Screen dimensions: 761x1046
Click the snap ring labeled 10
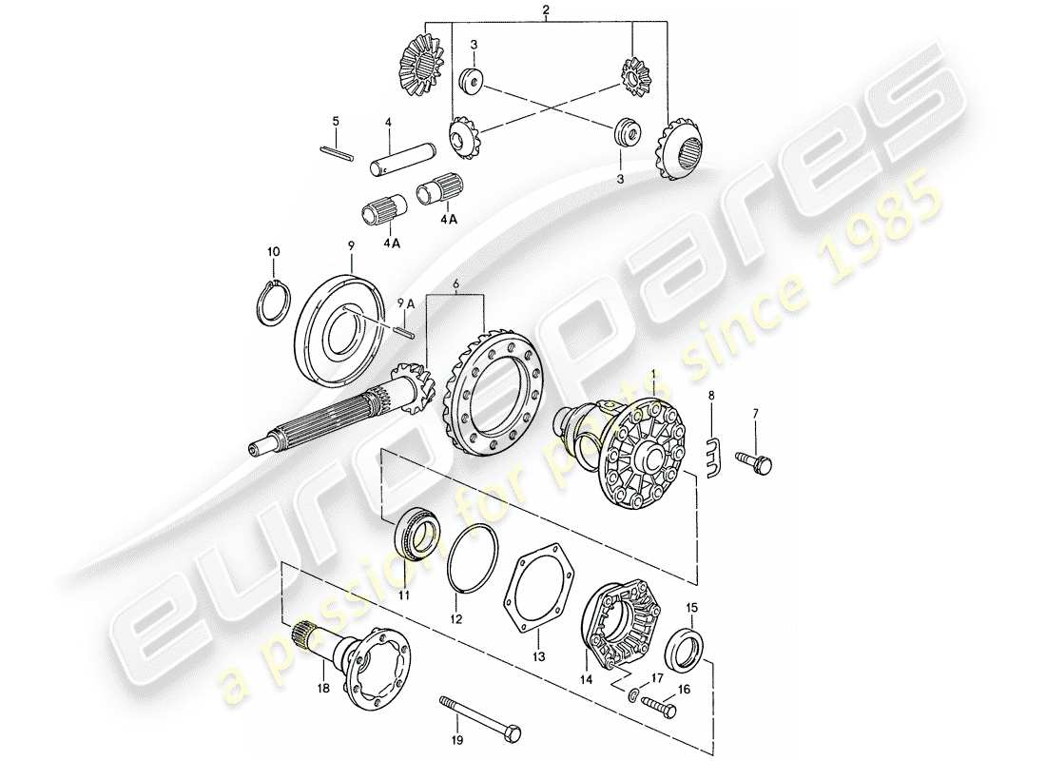point(273,305)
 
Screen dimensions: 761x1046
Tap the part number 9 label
point(350,244)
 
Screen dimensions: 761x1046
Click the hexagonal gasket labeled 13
point(539,588)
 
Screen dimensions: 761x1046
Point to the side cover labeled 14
point(621,623)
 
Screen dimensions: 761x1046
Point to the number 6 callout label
point(456,283)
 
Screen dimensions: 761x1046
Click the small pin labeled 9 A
point(403,329)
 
